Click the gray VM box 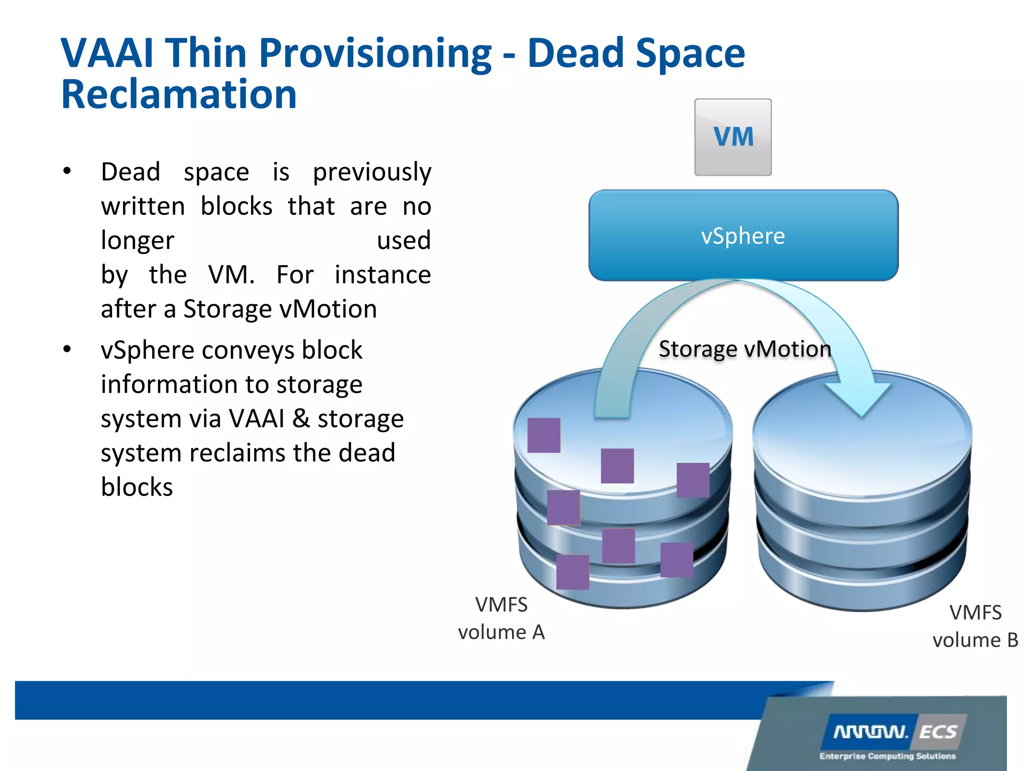tap(733, 137)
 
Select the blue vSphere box tap(743, 235)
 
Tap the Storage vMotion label tap(745, 349)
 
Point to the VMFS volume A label tap(501, 618)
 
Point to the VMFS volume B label tap(975, 626)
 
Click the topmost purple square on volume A tap(544, 435)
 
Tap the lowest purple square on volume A tap(573, 572)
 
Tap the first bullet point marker tap(67, 171)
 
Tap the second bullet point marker tap(67, 349)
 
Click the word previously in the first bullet tap(372, 172)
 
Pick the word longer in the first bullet tap(138, 241)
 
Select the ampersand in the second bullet tap(301, 418)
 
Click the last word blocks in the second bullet tap(137, 487)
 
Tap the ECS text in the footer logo tap(938, 732)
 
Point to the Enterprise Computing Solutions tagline tap(887, 756)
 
